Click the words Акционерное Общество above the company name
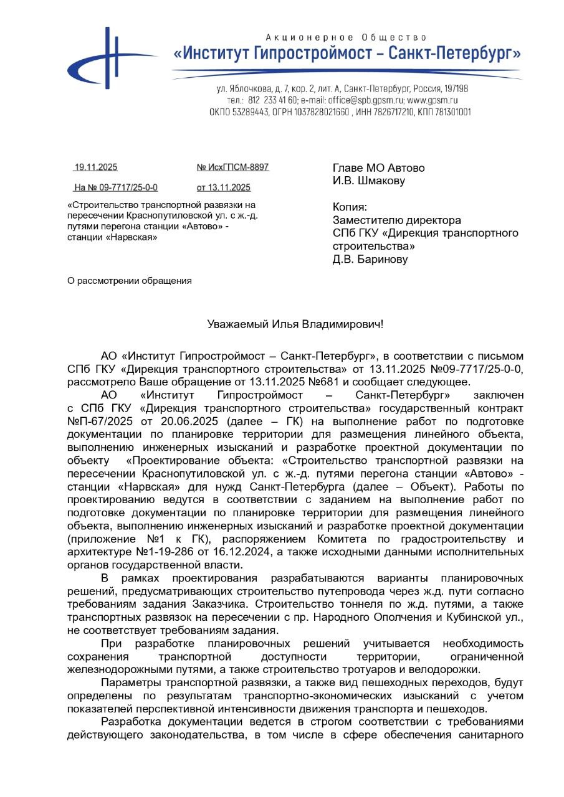pos(346,38)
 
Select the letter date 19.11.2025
pos(95,167)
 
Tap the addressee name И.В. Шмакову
pos(369,181)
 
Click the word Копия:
pos(350,207)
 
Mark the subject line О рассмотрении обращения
pos(130,281)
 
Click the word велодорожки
pos(443,670)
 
